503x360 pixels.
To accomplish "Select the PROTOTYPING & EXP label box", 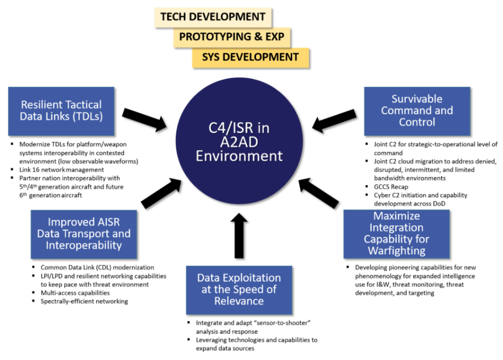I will [231, 37].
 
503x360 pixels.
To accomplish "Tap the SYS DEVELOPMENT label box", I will [250, 57].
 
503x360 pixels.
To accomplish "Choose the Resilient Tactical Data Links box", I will [61, 110].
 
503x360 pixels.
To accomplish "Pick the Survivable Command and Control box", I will [417, 110].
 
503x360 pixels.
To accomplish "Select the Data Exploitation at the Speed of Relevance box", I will [239, 290].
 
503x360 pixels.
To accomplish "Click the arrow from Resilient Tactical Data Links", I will [145, 119].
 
